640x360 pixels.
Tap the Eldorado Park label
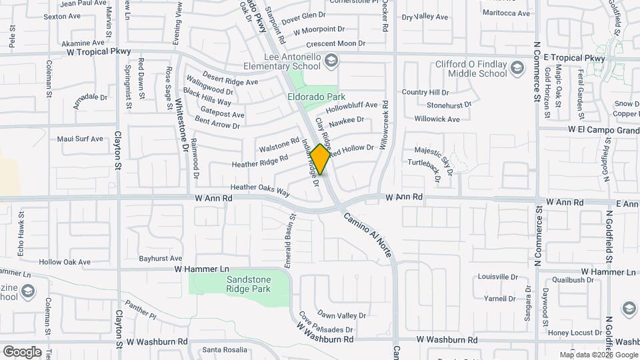312,97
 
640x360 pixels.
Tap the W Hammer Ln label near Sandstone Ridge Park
201,269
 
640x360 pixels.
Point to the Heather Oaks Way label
260,191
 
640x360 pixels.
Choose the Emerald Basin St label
290,240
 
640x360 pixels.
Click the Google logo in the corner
22,351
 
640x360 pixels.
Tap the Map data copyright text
598,355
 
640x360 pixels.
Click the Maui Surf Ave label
80,139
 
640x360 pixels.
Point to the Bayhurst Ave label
160,258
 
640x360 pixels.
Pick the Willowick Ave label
437,119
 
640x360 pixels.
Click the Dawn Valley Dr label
341,315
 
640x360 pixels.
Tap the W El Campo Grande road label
603,130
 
